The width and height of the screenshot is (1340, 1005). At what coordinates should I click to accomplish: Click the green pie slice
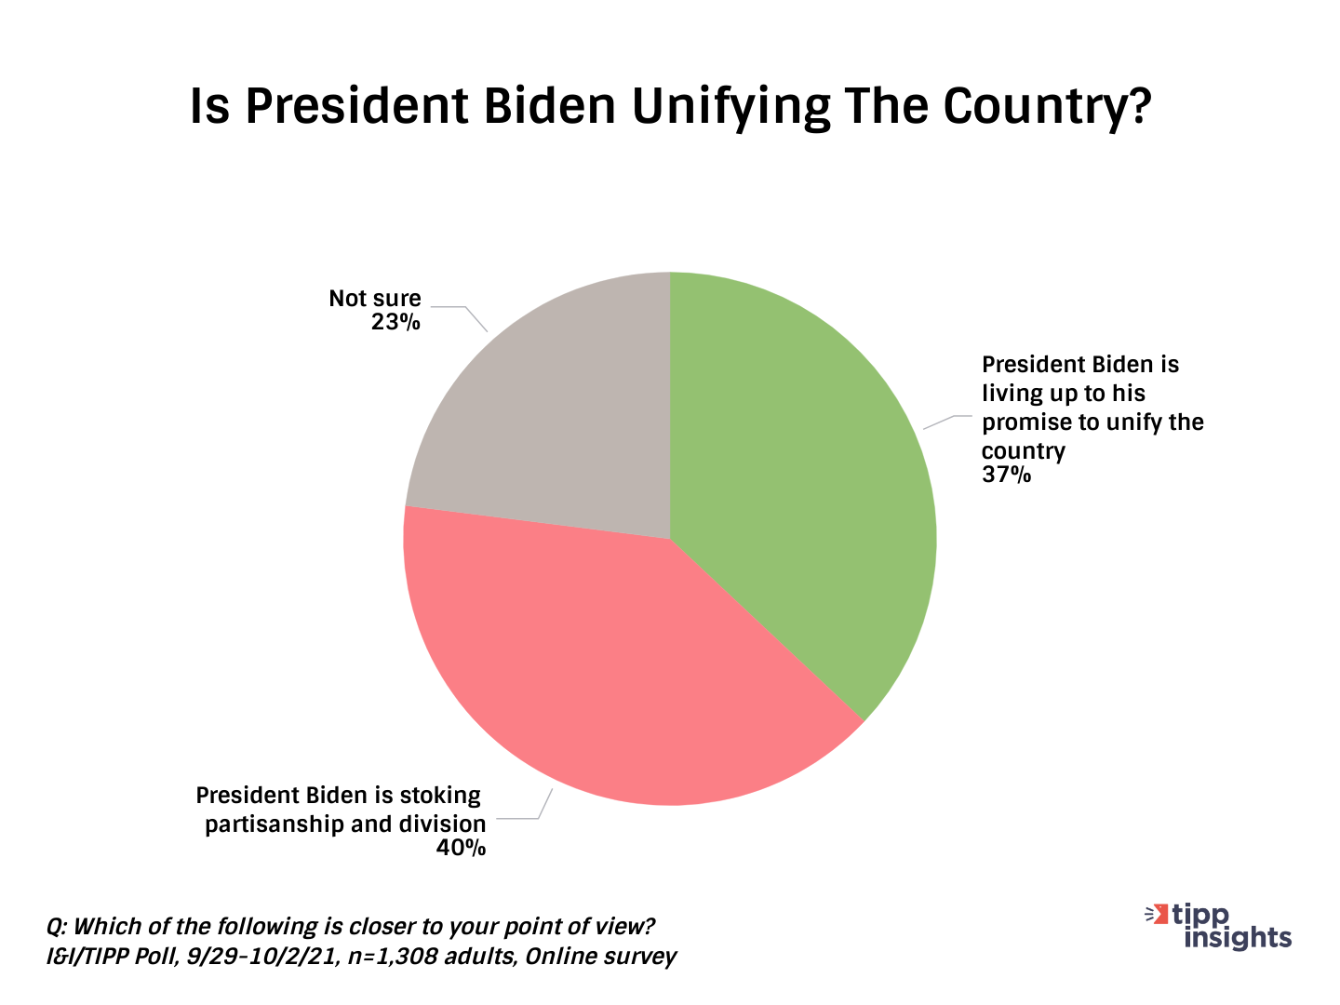pyautogui.click(x=800, y=484)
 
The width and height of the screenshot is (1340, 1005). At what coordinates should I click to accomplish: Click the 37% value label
pyautogui.click(x=1006, y=476)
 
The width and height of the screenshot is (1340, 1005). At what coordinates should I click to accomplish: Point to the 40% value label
pyautogui.click(x=461, y=848)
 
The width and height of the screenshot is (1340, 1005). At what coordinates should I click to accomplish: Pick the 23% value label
pyautogui.click(x=395, y=322)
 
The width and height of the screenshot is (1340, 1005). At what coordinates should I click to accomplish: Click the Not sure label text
pyautogui.click(x=375, y=299)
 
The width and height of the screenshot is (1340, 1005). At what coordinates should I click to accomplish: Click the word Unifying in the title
pyautogui.click(x=730, y=107)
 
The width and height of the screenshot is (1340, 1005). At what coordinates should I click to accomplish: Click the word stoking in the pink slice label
pyautogui.click(x=440, y=796)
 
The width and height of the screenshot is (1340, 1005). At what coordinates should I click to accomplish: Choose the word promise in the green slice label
pyautogui.click(x=1026, y=422)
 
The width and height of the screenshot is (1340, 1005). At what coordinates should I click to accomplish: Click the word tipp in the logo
pyautogui.click(x=1200, y=915)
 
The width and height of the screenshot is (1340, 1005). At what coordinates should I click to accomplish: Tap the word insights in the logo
pyautogui.click(x=1238, y=937)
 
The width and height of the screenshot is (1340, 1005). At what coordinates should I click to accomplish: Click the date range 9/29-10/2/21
pyautogui.click(x=261, y=957)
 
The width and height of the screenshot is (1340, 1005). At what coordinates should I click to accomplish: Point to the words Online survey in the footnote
pyautogui.click(x=601, y=957)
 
